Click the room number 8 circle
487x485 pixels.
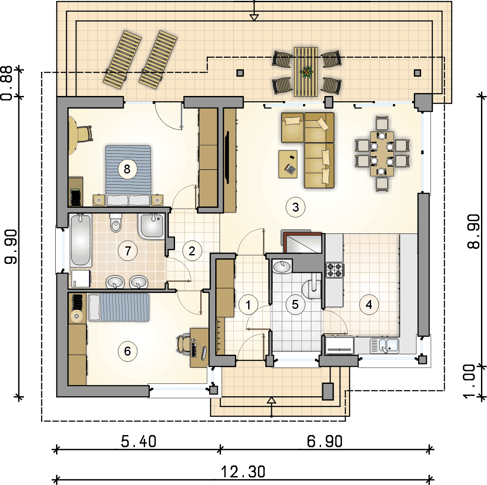point(127,169)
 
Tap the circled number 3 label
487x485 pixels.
point(295,207)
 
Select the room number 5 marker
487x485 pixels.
point(295,304)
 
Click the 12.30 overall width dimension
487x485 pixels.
point(243,471)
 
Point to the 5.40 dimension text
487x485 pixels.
point(139,441)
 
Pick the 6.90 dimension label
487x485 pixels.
point(324,441)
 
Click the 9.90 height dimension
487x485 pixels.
point(11,246)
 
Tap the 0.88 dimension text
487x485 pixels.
point(7,83)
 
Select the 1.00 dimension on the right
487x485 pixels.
point(469,381)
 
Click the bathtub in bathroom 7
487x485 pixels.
point(80,240)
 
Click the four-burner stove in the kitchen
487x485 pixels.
point(334,270)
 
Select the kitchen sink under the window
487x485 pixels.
point(384,346)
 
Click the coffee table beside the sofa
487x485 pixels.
point(288,164)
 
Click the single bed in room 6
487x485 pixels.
point(119,307)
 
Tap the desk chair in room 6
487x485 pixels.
point(184,344)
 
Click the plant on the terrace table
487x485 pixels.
point(306,72)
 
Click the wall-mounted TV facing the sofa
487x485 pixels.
point(227,157)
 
